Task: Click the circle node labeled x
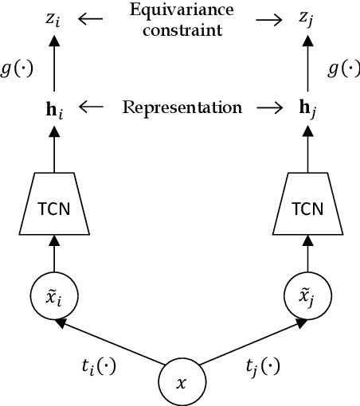pos(180,383)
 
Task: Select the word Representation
pos(182,107)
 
